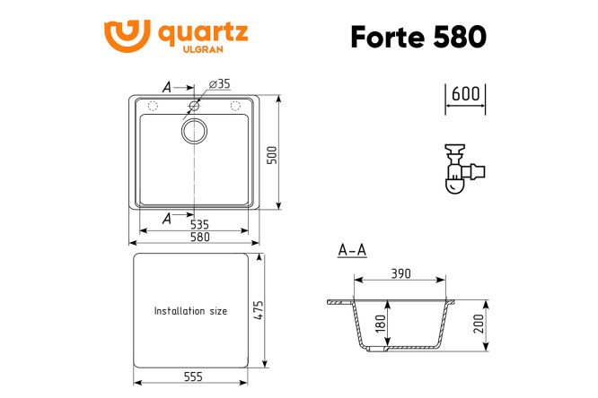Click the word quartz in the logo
[203, 33]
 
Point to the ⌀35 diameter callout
[220, 84]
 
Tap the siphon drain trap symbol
[462, 169]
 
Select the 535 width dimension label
[199, 224]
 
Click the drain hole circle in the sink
[194, 133]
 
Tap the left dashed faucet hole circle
[151, 107]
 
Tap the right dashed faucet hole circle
[237, 107]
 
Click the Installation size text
[190, 311]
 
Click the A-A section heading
[351, 252]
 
